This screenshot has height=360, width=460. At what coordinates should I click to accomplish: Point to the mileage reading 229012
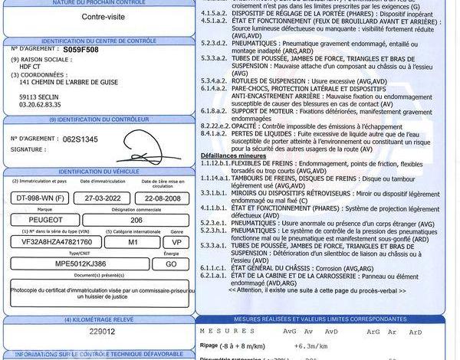pos(100,332)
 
